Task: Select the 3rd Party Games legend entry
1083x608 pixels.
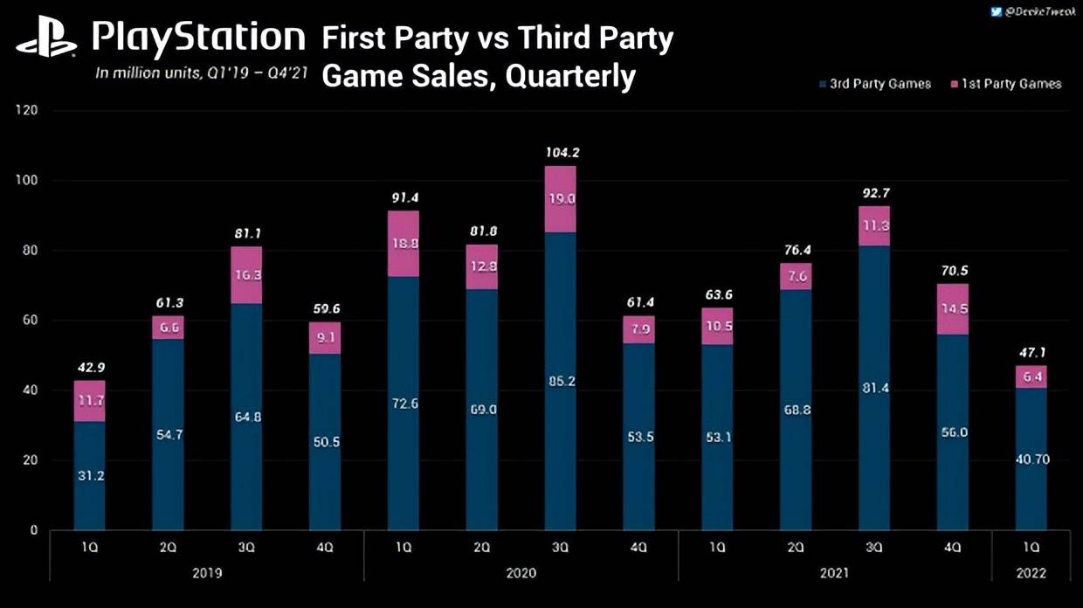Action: [x=875, y=84]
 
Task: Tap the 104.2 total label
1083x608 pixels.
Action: [x=560, y=152]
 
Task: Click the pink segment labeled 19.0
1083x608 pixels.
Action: [x=560, y=198]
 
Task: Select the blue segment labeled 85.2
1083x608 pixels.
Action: [x=560, y=380]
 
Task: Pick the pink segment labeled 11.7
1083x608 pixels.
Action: [x=89, y=401]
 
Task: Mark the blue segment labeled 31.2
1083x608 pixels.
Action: [x=89, y=475]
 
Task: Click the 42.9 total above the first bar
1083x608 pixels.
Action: [x=89, y=367]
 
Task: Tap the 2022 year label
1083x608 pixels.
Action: [x=1031, y=573]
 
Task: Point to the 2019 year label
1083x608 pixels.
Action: [x=207, y=573]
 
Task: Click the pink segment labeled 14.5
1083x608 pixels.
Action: [x=953, y=309]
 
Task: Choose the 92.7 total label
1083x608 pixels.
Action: [x=873, y=193]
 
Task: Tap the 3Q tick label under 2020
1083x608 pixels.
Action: [x=560, y=547]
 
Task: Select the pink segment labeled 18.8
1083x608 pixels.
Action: [x=403, y=244]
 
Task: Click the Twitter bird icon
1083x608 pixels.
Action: [x=997, y=11]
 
